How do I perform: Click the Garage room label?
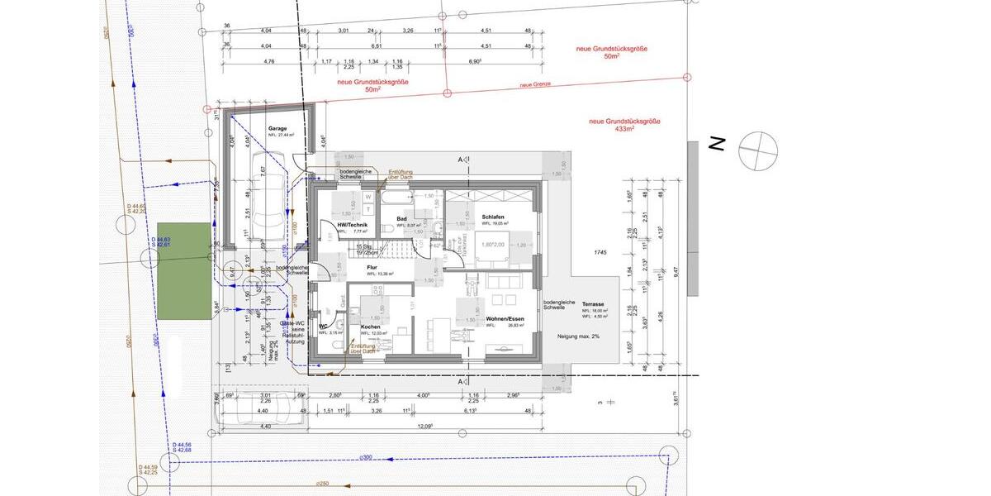pos(277,129)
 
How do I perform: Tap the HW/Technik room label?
pos(352,225)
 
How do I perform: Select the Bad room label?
pos(401,218)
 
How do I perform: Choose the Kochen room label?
pos(371,327)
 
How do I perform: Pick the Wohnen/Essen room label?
pos(504,318)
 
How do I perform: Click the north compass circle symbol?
pos(758,150)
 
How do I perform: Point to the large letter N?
pos(717,145)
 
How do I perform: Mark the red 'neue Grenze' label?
pos(535,84)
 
